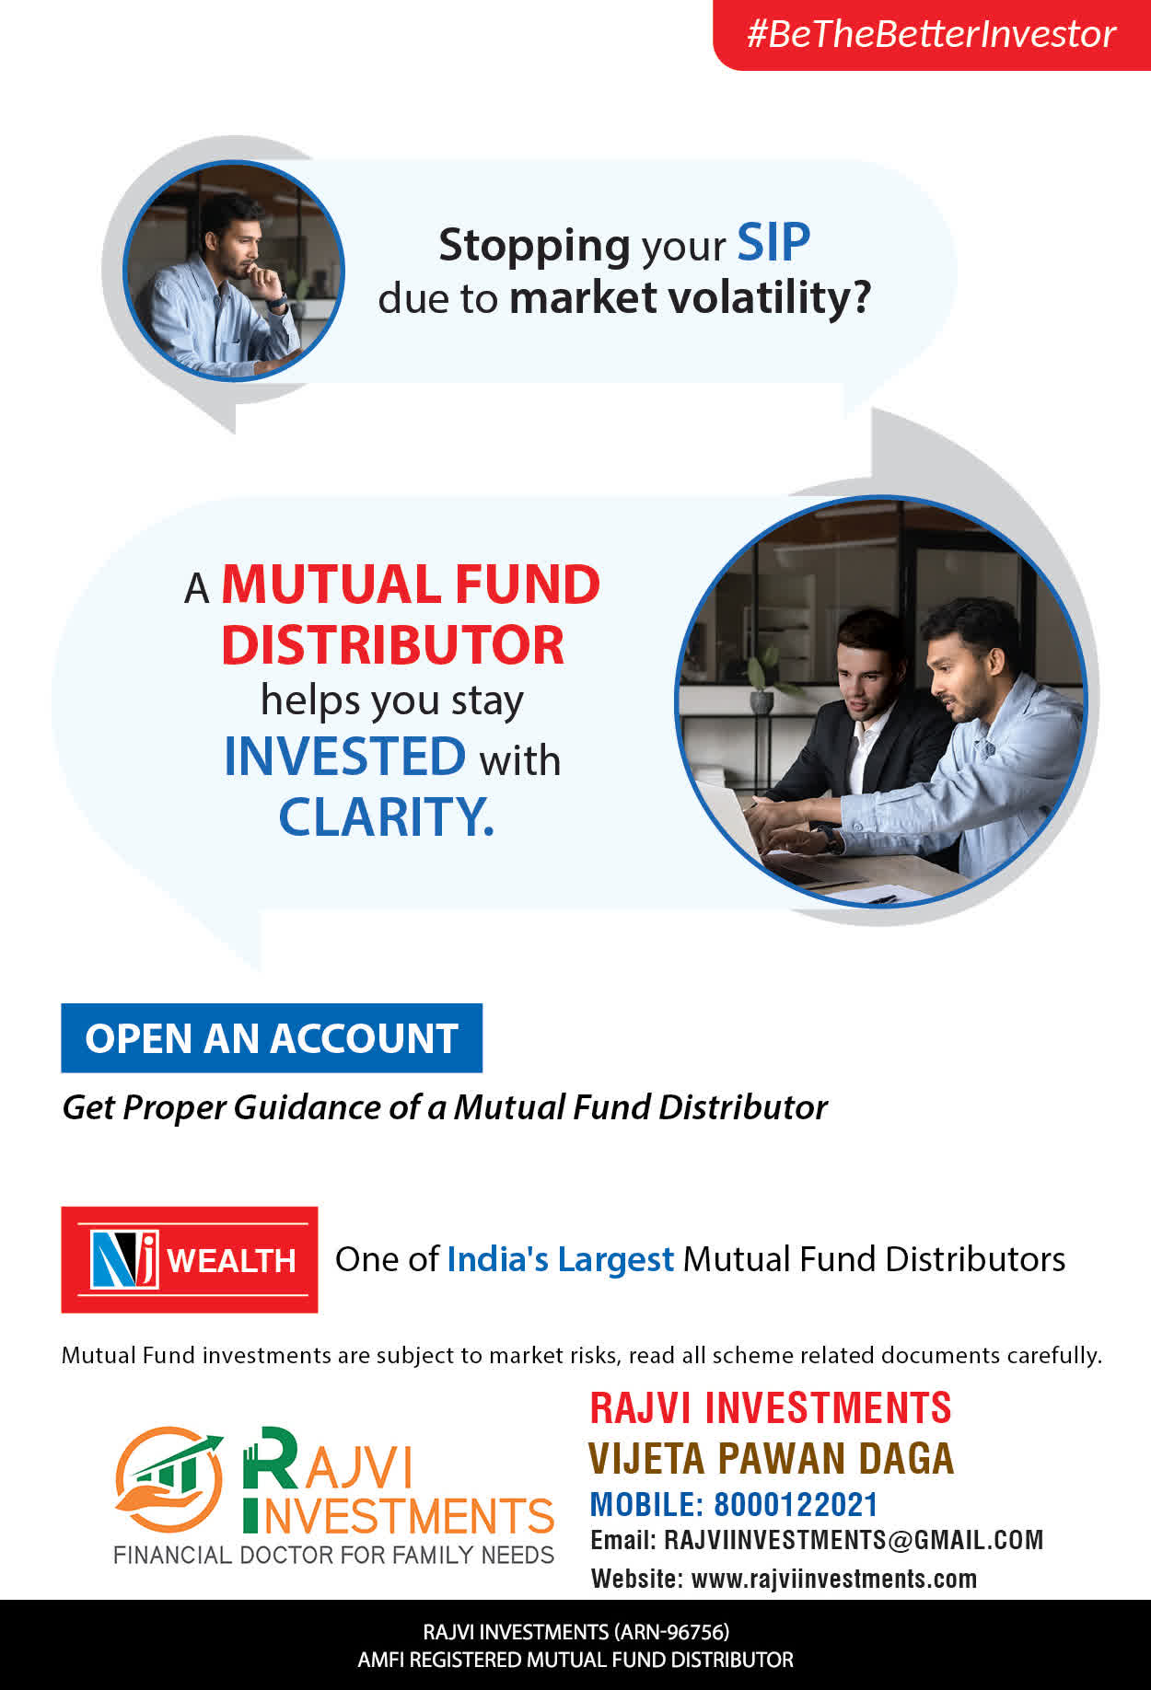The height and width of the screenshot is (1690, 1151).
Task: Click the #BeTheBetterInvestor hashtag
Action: tap(931, 34)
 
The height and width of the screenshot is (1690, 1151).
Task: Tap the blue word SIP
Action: tap(773, 243)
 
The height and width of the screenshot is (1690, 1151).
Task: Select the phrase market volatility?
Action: tap(690, 298)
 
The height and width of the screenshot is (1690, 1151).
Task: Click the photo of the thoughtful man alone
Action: tap(234, 271)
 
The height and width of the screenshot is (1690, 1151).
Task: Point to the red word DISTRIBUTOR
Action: tap(392, 644)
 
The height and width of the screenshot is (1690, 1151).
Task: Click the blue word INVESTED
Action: tap(345, 757)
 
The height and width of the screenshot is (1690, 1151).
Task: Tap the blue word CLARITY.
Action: tap(386, 816)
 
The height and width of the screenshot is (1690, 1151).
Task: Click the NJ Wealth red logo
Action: tap(190, 1259)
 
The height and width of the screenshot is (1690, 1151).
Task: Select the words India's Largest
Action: tap(561, 1259)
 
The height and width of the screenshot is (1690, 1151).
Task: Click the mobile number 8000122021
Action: tap(796, 1504)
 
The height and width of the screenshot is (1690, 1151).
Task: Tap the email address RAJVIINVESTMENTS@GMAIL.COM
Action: tap(854, 1540)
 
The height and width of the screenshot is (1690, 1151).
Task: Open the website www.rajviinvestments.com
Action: tap(834, 1579)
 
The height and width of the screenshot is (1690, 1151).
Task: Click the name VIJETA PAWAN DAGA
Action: tap(772, 1458)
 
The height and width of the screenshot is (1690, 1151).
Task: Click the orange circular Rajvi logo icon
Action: tap(169, 1479)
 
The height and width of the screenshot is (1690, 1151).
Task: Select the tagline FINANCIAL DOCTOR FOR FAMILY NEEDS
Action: tap(333, 1555)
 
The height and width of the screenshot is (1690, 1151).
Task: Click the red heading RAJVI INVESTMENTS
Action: tap(771, 1408)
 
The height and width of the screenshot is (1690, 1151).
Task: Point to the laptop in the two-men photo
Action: tap(737, 828)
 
